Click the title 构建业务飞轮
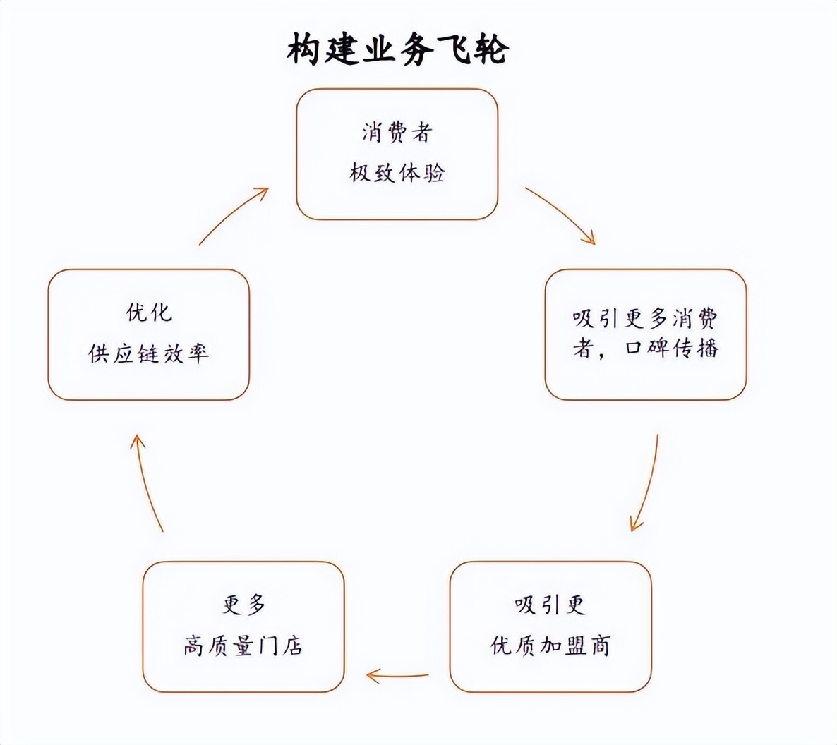397,50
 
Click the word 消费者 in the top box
397,133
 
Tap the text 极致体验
397,173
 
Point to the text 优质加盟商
550,646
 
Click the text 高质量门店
243,646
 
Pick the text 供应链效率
149,353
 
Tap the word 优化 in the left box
149,313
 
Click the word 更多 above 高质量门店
243,605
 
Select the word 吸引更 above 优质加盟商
550,605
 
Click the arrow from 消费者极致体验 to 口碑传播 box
561,215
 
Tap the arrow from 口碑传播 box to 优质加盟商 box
646,483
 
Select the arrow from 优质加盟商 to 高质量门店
397,677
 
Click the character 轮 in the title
488,50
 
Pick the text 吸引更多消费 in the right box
645,319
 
